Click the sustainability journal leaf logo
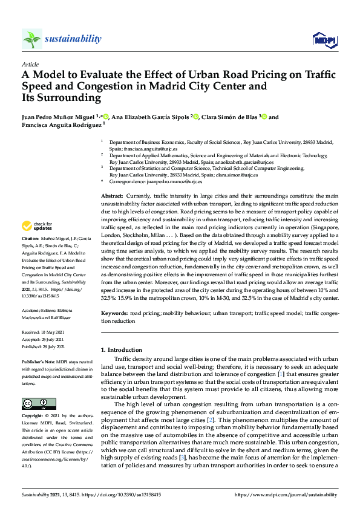(x=31, y=39)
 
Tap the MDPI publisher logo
(x=324, y=40)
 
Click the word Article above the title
(x=30, y=64)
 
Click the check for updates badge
(x=38, y=226)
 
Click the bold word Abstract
(x=112, y=197)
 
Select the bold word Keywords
(x=114, y=314)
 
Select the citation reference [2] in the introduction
(x=209, y=402)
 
